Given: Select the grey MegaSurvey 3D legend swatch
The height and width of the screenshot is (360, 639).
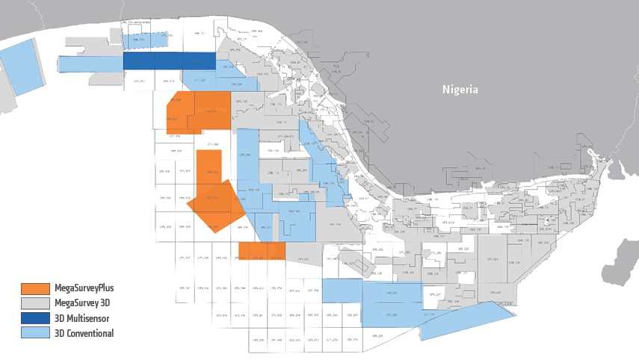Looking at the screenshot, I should (35, 303).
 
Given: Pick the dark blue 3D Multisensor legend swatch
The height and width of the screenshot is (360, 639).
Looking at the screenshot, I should (35, 318).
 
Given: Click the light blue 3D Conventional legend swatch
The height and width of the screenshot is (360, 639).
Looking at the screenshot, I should (35, 333).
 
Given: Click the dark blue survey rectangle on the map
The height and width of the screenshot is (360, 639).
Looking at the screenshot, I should (169, 60).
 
